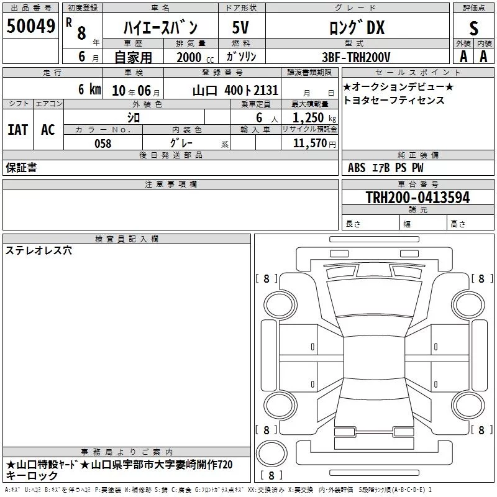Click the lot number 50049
30,25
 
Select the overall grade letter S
473,29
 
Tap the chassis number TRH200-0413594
417,197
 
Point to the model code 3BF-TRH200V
356,57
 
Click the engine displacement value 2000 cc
195,57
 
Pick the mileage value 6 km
89,89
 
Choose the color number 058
103,144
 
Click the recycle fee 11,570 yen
314,144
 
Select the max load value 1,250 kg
314,117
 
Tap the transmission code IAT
18,129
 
